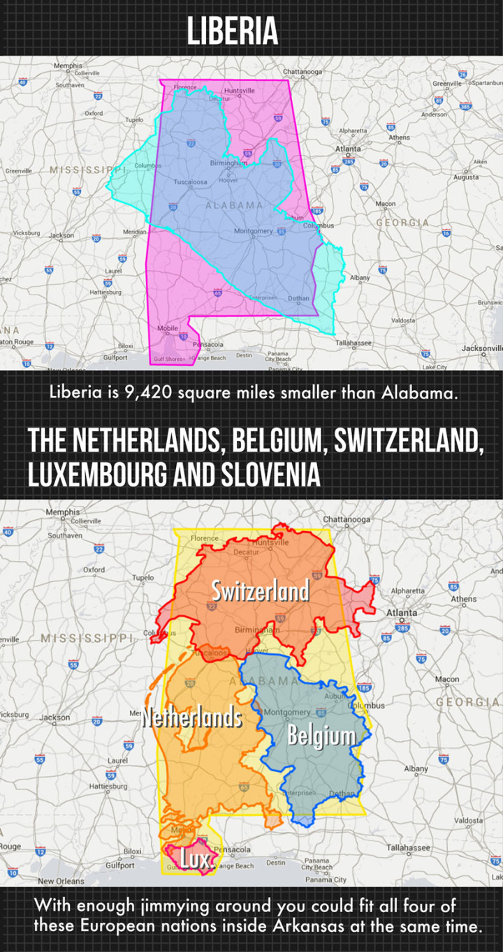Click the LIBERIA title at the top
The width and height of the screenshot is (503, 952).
(x=232, y=31)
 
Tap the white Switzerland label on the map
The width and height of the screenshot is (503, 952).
(x=260, y=591)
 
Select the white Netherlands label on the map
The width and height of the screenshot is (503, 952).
(x=192, y=717)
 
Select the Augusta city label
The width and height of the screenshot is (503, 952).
(x=466, y=177)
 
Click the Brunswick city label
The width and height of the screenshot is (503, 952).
(x=490, y=302)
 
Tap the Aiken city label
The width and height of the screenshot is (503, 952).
(x=479, y=162)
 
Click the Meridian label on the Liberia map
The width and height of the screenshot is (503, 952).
(x=133, y=231)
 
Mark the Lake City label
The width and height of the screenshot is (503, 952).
(x=435, y=366)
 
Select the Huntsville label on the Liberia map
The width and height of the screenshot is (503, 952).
(x=240, y=91)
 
